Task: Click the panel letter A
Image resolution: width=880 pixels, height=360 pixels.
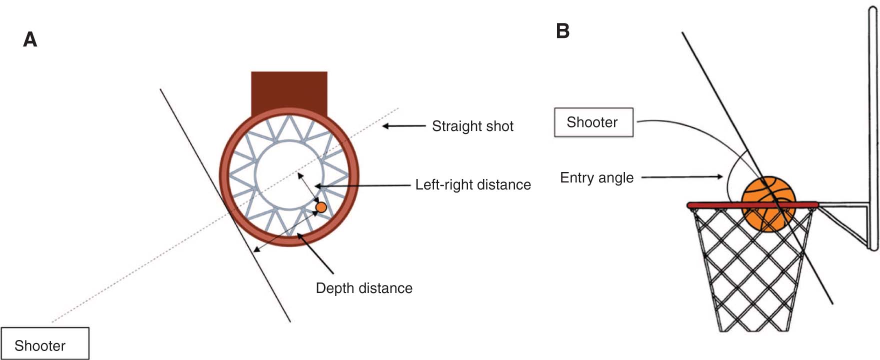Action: pos(30,39)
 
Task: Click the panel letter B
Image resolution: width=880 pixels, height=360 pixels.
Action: pos(562,31)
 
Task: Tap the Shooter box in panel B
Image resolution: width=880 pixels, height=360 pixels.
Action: pos(593,122)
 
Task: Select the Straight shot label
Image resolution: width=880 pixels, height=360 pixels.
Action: pos(472,126)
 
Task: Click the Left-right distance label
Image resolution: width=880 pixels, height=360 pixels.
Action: pos(473,184)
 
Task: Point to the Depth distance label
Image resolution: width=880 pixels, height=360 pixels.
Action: pos(364,288)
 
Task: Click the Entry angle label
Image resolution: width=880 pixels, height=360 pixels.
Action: pos(596,177)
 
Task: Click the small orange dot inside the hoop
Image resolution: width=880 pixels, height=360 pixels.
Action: pos(321,207)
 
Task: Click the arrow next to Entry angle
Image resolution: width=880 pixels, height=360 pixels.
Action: pos(682,176)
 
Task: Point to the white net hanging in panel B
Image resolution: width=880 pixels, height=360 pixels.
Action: pos(750,280)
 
